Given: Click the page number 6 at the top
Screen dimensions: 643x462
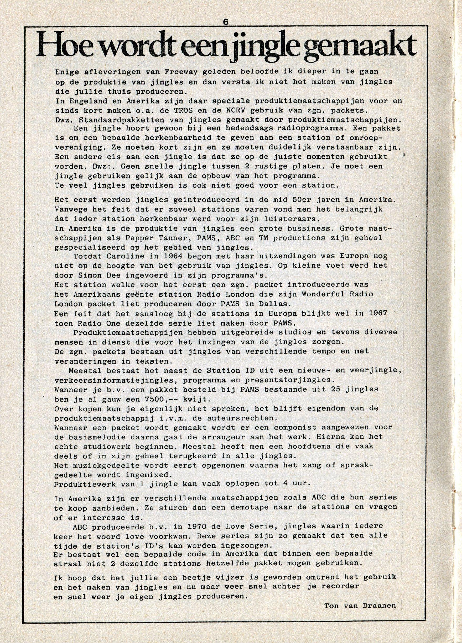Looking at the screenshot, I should click(226, 22).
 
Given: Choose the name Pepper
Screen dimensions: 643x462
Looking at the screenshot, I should click(133, 238).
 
